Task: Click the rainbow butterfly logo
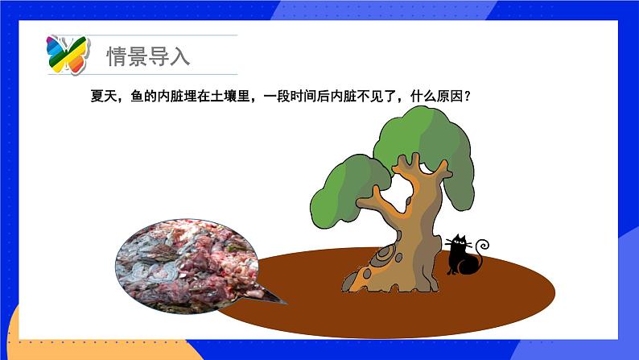click(x=67, y=54)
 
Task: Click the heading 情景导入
click(x=148, y=56)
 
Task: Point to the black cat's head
click(x=460, y=241)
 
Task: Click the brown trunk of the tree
click(x=411, y=226)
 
